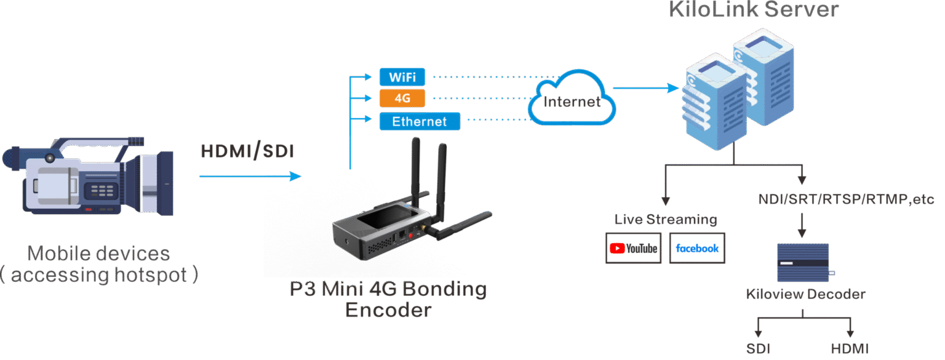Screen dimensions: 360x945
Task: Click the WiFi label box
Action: (x=402, y=77)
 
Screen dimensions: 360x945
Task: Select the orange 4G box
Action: (x=402, y=98)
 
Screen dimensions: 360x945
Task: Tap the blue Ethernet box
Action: (x=420, y=121)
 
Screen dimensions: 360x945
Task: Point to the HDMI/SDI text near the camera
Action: (x=247, y=151)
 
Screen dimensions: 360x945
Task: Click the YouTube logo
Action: (x=633, y=248)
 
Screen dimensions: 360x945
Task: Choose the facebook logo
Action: (x=696, y=248)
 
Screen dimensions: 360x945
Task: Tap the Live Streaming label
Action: (x=666, y=219)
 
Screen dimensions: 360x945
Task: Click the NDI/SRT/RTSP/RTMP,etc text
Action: (x=846, y=199)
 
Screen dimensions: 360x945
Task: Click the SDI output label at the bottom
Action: (x=758, y=348)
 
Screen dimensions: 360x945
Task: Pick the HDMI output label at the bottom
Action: (x=850, y=348)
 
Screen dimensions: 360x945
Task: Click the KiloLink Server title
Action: (x=753, y=9)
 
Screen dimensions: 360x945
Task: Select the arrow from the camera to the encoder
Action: (x=250, y=177)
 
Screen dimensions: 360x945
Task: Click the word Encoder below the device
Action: (x=388, y=310)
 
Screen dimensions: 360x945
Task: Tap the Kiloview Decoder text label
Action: (x=805, y=294)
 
